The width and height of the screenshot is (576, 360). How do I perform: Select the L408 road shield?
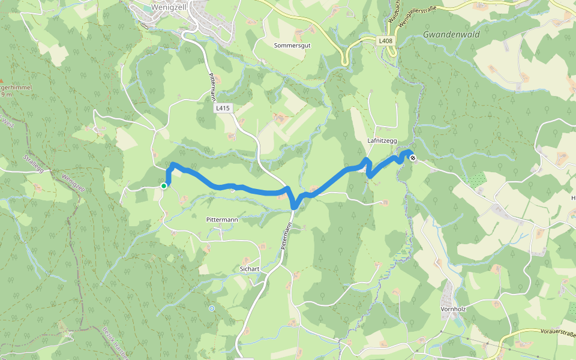click(x=385, y=41)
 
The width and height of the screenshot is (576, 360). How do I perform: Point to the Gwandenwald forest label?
click(x=451, y=35)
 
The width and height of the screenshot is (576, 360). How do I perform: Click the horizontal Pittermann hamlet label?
click(x=221, y=220)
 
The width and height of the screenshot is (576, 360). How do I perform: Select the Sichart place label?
click(x=249, y=268)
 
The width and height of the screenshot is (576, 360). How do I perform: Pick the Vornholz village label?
click(x=454, y=310)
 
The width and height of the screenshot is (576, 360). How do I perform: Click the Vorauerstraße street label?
click(x=546, y=332)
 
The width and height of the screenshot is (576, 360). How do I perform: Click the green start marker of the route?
click(x=163, y=186)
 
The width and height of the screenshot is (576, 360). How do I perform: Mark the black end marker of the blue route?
click(x=413, y=158)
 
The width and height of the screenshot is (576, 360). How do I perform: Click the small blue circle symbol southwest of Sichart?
click(x=211, y=308)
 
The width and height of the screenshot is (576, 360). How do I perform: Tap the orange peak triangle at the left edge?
click(x=2, y=80)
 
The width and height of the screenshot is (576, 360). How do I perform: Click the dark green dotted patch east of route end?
click(x=478, y=178)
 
